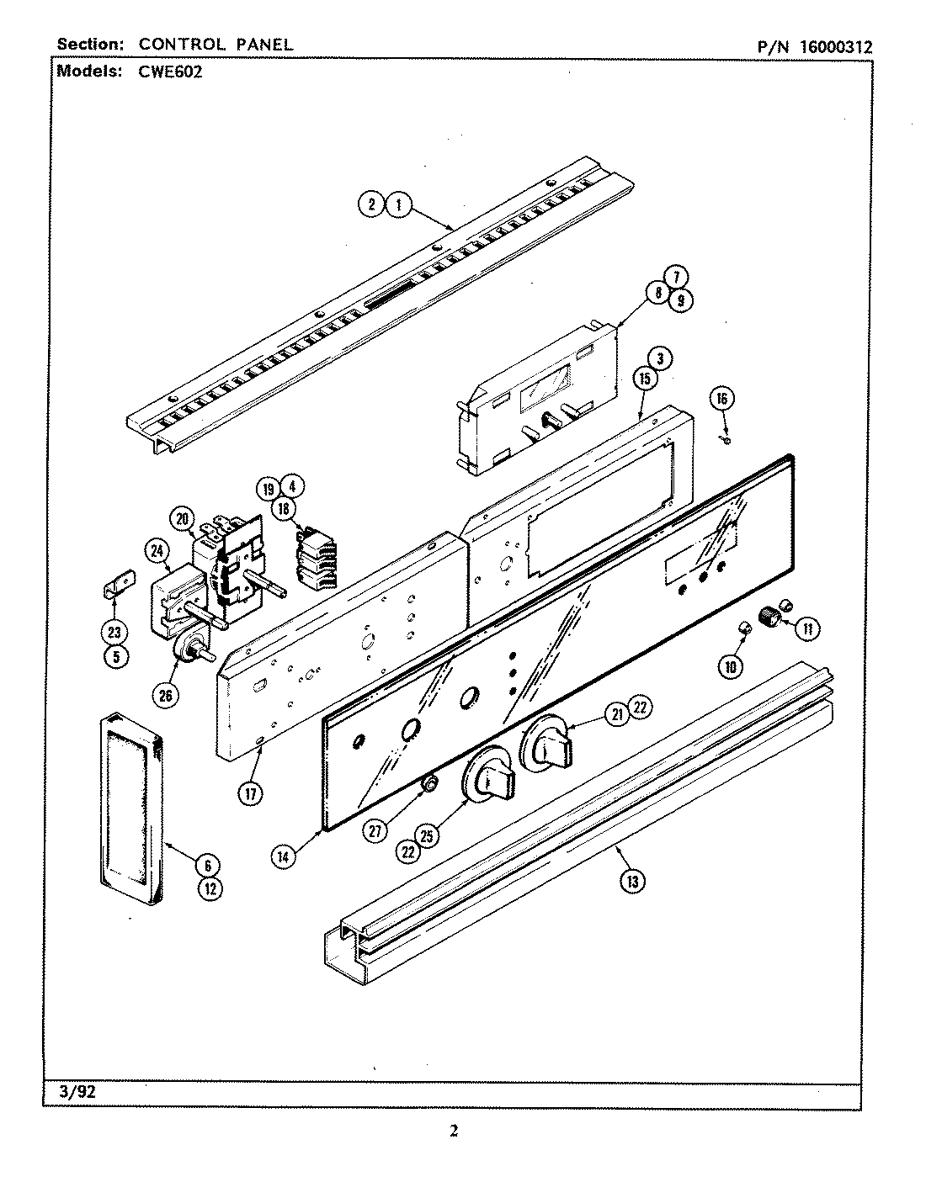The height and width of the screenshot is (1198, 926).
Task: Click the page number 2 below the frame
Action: (x=453, y=1132)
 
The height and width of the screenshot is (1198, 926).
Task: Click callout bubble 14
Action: (x=284, y=856)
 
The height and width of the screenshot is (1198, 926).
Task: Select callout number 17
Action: (x=250, y=792)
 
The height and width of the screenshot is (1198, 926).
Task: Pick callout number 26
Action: (x=163, y=694)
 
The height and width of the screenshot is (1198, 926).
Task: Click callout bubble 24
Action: (x=157, y=551)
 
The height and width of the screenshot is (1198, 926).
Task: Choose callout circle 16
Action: (x=721, y=398)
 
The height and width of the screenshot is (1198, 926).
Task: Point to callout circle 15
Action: (x=644, y=379)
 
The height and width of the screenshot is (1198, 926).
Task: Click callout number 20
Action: (x=180, y=519)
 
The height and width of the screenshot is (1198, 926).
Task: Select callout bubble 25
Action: (x=428, y=835)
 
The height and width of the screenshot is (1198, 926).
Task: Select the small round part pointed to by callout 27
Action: (x=429, y=784)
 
